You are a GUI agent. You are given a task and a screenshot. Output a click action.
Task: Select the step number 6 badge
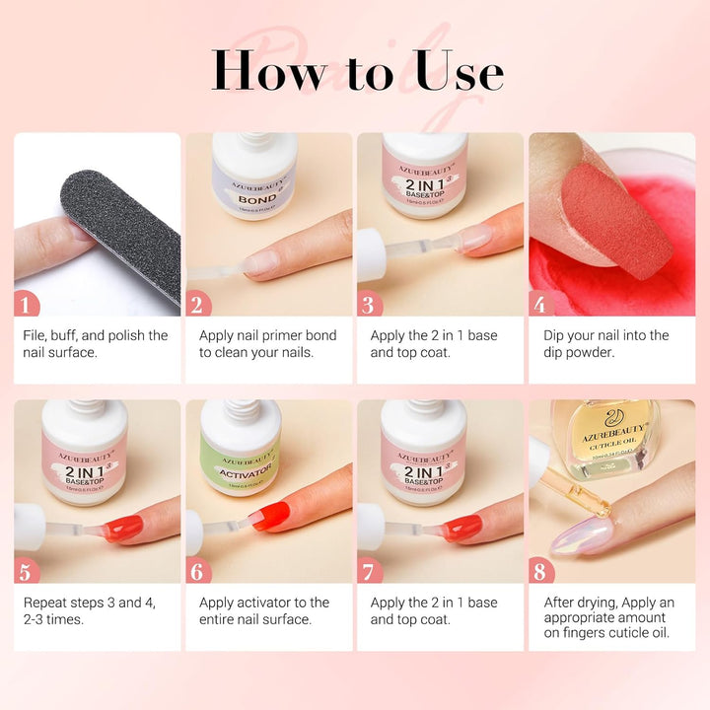pyautogui.click(x=200, y=570)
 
